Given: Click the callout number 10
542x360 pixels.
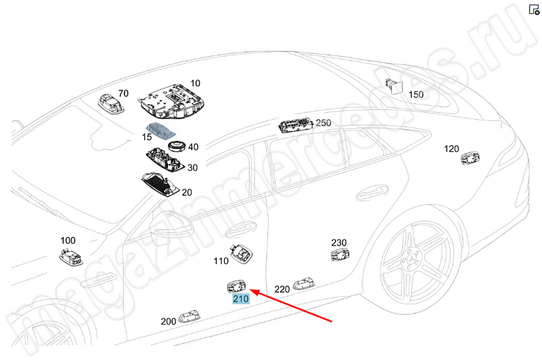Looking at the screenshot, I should [195, 83].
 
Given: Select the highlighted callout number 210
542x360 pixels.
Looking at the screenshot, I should [241, 299].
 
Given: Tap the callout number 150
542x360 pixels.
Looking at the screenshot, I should [416, 94].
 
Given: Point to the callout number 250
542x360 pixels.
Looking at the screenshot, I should [323, 123].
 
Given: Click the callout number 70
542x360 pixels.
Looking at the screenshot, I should [124, 93].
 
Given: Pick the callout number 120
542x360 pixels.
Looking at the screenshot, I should [451, 149].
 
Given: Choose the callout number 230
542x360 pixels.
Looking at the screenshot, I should [339, 242].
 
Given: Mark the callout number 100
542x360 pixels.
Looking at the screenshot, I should [68, 240].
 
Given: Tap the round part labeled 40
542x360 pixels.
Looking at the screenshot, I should [176, 146].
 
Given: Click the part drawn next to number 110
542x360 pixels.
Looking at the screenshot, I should [241, 253].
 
